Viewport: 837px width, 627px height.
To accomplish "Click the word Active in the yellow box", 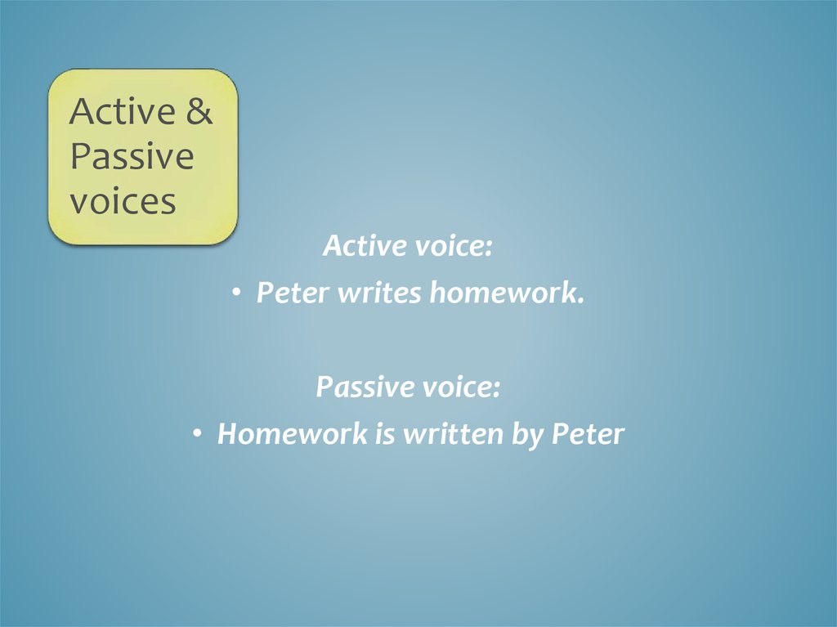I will coord(122,112).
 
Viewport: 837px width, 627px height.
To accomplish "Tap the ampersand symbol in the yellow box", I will coord(199,112).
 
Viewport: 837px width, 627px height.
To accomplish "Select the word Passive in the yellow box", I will coord(132,157).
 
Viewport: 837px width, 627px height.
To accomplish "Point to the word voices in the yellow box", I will coord(123,201).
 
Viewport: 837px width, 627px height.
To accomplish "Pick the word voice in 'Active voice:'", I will coord(453,245).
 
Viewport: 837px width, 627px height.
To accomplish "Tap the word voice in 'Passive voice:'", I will coord(461,387).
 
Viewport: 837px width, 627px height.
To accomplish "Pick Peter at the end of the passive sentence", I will coord(588,434).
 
